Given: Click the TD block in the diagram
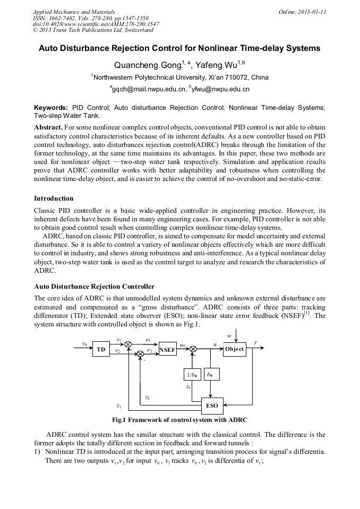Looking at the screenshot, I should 100,350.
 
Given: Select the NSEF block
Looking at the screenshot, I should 167,350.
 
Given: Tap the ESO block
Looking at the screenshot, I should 211,405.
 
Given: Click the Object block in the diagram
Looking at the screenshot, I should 234,349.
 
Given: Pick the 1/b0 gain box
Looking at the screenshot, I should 191,374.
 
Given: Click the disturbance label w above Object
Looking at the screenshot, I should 228,336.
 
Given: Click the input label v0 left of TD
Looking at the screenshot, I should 84,344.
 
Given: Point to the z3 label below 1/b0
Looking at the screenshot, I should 188,387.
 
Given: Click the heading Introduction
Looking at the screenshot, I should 54,199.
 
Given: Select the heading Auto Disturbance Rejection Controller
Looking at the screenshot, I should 94,287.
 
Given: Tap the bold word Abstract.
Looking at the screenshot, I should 48,128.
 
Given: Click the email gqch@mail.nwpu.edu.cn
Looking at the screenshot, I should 149,89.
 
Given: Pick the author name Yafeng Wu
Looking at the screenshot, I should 216,65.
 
